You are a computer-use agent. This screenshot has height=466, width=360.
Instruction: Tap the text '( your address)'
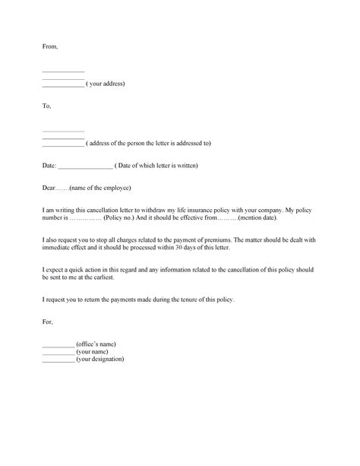[106, 83]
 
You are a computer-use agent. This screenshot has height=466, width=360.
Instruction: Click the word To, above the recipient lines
[46, 106]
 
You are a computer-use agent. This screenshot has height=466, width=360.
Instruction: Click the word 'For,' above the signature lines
[47, 322]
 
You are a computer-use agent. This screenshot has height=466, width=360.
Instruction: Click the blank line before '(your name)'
[58, 352]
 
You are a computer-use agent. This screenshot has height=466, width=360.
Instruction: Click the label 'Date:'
[49, 165]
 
